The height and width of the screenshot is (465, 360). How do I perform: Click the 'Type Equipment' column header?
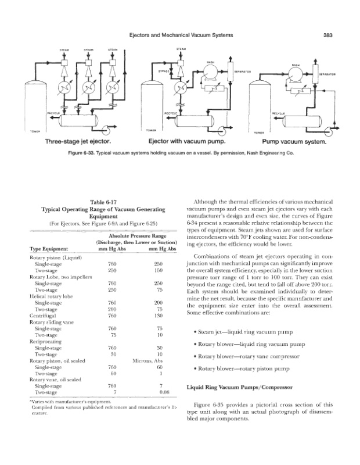[x=49, y=250]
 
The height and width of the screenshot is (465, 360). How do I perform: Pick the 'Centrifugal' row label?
[x=42, y=316]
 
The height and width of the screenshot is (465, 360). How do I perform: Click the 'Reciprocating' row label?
[x=44, y=341]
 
